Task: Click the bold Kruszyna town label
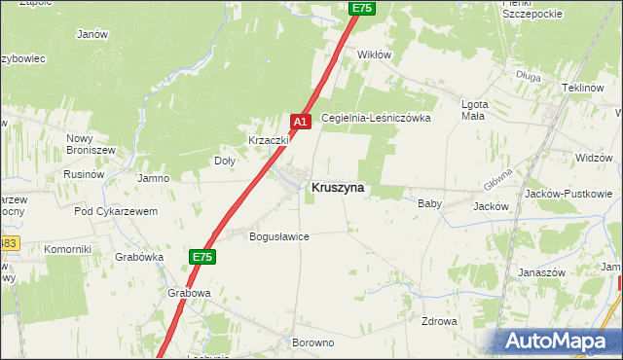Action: click(x=339, y=188)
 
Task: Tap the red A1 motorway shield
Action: click(x=301, y=122)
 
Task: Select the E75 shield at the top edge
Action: click(x=362, y=8)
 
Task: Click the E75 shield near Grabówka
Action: click(x=202, y=257)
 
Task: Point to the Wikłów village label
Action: click(x=375, y=54)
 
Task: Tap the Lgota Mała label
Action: click(x=474, y=110)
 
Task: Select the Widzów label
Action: click(x=593, y=158)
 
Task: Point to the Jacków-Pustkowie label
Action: click(x=568, y=194)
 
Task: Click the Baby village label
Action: click(x=429, y=204)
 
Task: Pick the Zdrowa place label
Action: click(x=439, y=321)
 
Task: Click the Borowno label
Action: click(x=312, y=343)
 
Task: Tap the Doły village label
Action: click(x=225, y=162)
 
